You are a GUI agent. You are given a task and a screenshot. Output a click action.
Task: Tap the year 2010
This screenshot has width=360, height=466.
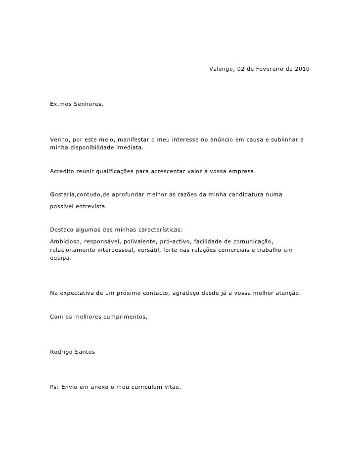[303, 67]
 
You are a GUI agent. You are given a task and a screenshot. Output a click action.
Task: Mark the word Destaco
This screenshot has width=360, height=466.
[62, 230]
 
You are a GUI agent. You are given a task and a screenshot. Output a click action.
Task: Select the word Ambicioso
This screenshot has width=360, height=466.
[66, 241]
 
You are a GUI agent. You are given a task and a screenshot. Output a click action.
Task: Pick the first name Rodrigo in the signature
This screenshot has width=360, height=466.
[62, 352]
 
